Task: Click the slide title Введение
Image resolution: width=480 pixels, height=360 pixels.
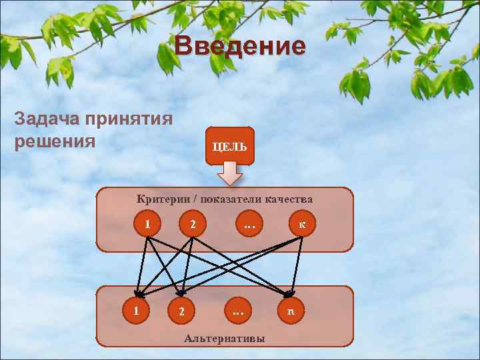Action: pyautogui.click(x=241, y=47)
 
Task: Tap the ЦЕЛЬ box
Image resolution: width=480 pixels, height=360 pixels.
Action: pyautogui.click(x=230, y=146)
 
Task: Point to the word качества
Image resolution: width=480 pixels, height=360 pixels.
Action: pyautogui.click(x=289, y=198)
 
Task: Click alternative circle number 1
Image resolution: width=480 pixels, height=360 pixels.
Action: pyautogui.click(x=136, y=310)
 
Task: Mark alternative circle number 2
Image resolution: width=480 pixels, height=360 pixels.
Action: pyautogui.click(x=181, y=311)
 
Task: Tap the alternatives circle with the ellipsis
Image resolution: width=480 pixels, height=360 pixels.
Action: pyautogui.click(x=237, y=311)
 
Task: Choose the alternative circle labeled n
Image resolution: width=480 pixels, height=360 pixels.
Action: pyautogui.click(x=290, y=311)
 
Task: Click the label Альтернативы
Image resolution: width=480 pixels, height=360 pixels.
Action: pyautogui.click(x=224, y=339)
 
